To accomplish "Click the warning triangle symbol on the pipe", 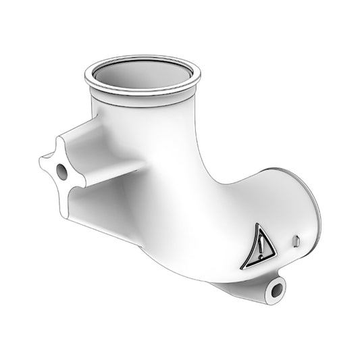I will [x=261, y=245].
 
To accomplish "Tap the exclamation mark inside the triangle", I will [x=261, y=246].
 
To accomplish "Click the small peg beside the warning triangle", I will [x=296, y=240].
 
